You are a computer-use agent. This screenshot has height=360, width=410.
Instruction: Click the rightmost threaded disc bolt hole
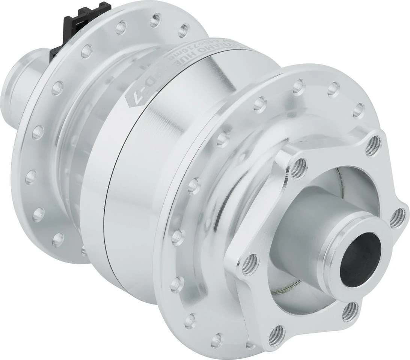(398, 217)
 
